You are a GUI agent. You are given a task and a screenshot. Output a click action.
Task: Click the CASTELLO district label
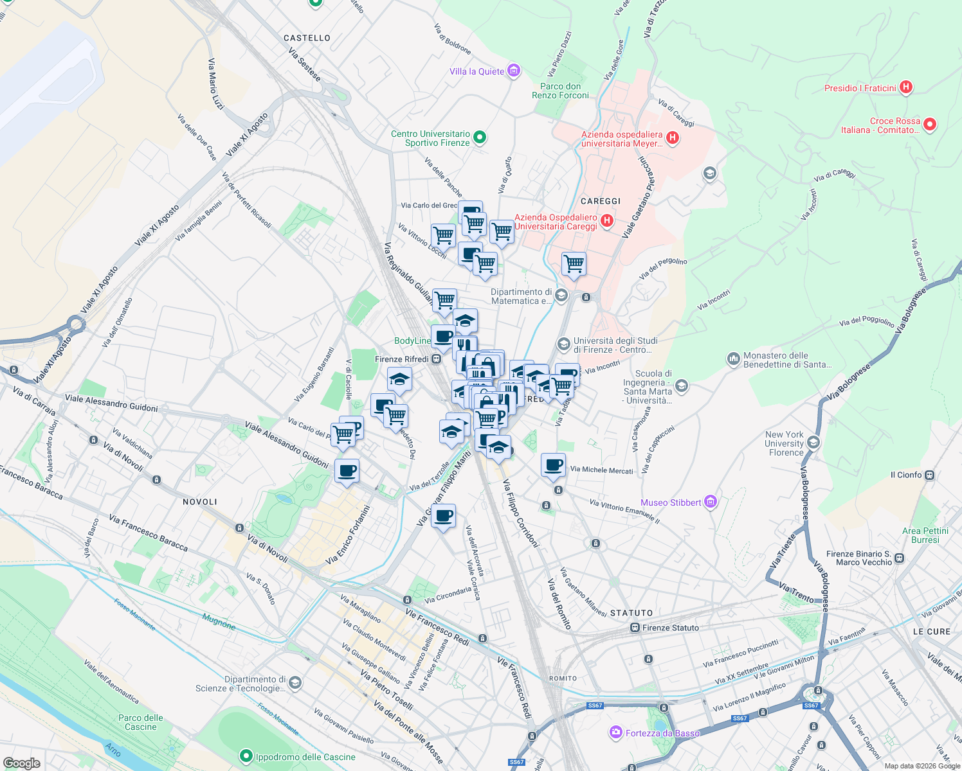click(x=307, y=38)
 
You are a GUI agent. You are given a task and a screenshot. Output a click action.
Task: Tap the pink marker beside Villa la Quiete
click(x=513, y=71)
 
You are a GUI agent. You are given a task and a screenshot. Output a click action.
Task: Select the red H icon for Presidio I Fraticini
click(x=905, y=87)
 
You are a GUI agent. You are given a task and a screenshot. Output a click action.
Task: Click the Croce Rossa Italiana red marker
click(x=930, y=125)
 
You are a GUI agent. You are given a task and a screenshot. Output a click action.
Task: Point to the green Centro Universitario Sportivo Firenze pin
click(x=479, y=137)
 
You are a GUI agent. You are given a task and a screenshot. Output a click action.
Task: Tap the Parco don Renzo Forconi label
click(x=560, y=91)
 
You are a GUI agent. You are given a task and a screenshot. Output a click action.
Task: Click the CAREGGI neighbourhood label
click(x=600, y=201)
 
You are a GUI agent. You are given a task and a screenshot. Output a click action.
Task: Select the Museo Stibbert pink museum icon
click(x=710, y=502)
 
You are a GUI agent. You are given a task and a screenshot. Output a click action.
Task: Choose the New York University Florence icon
click(x=813, y=443)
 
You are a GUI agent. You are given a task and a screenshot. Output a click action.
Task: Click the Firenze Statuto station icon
click(x=635, y=628)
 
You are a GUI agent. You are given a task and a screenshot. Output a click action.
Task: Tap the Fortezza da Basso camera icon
click(x=616, y=732)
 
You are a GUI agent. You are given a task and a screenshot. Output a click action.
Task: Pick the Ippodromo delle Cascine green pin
click(x=246, y=756)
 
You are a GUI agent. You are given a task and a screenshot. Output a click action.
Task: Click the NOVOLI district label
click(x=200, y=502)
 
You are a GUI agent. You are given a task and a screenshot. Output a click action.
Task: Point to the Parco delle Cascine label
click(x=141, y=722)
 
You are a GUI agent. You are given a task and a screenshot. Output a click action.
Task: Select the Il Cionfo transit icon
click(x=930, y=475)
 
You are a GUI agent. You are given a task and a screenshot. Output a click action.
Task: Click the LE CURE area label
click(x=931, y=632)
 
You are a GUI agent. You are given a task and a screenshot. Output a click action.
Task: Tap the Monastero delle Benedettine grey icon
click(x=734, y=359)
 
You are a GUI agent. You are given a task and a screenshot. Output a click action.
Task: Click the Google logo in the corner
click(x=21, y=763)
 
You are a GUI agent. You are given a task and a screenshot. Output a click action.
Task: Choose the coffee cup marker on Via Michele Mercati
click(x=553, y=466)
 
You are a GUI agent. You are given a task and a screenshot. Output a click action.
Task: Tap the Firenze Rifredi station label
click(x=401, y=359)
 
